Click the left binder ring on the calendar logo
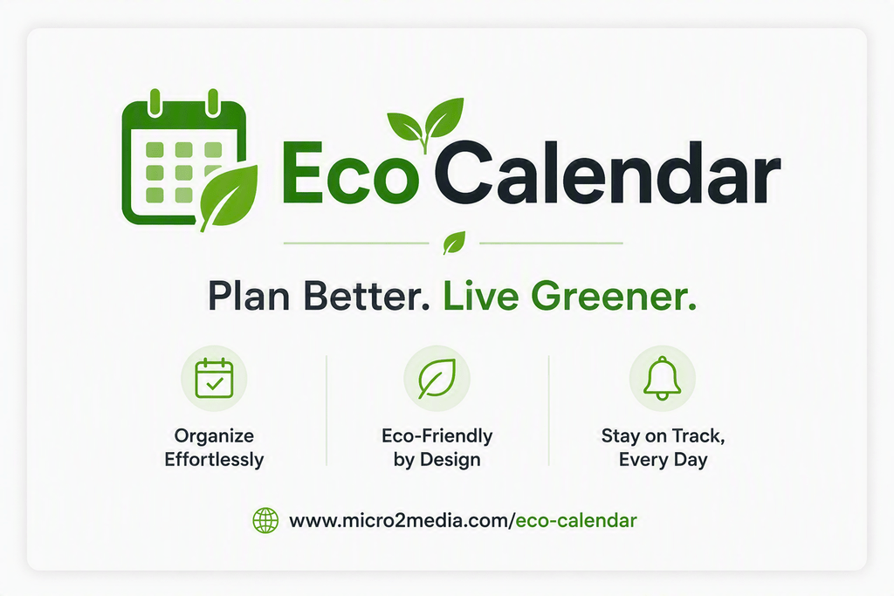pyautogui.click(x=155, y=103)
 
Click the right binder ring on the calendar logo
pyautogui.click(x=213, y=103)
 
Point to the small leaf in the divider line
pyautogui.click(x=454, y=243)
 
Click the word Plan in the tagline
pyautogui.click(x=248, y=296)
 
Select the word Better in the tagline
pyautogui.click(x=367, y=296)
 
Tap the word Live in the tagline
pyautogui.click(x=481, y=296)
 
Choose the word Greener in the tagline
pyautogui.click(x=614, y=296)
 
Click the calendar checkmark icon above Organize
pyautogui.click(x=215, y=379)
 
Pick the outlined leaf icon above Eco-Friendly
pyautogui.click(x=437, y=379)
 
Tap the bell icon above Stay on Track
pyautogui.click(x=662, y=379)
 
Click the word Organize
pyautogui.click(x=214, y=436)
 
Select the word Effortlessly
pyautogui.click(x=214, y=460)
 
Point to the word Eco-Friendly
pyautogui.click(x=437, y=436)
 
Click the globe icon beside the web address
pyautogui.click(x=265, y=520)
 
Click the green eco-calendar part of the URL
pyautogui.click(x=576, y=520)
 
